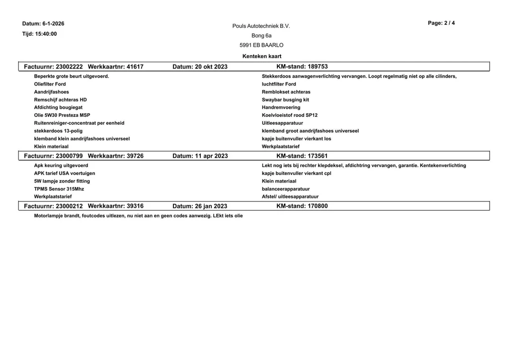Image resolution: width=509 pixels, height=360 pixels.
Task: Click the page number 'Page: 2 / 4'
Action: pos(441,23)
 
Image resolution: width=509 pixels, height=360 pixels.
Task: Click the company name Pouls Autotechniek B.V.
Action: pos(261,26)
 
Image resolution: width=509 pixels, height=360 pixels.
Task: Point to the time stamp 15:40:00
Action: pos(46,34)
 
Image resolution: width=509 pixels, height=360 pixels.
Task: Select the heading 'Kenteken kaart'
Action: pos(261,56)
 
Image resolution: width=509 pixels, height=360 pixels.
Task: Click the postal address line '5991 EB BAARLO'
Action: pos(261,45)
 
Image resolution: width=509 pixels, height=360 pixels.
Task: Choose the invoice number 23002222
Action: pos(69,67)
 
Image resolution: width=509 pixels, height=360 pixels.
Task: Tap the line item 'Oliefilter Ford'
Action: pos(50,84)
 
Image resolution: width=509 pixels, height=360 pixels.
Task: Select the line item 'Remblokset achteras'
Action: pos(286,92)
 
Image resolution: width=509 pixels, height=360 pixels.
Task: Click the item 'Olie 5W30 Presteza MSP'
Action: pos(62,115)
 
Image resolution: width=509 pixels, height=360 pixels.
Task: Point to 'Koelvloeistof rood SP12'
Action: pos(289,115)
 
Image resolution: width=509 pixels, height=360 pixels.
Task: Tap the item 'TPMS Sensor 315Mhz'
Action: pos(59,189)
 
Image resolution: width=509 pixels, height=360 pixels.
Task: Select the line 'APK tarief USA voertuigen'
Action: pos(65,173)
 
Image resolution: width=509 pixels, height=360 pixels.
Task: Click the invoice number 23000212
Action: pos(69,206)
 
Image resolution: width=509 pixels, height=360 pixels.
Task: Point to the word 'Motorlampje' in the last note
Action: pos(49,216)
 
